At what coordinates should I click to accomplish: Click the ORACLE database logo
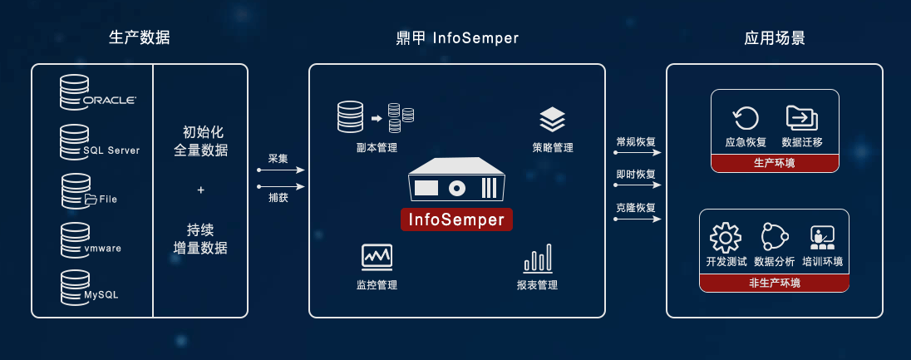click(x=98, y=92)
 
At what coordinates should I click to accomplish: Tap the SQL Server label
click(x=111, y=150)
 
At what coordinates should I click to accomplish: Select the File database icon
click(x=75, y=190)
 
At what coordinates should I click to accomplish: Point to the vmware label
click(x=103, y=248)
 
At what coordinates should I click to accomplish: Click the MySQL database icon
click(x=74, y=287)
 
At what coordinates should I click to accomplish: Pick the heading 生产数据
click(x=140, y=38)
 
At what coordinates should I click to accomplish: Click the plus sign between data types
click(x=200, y=190)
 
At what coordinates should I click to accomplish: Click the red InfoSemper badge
click(x=456, y=219)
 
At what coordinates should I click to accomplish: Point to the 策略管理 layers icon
click(x=552, y=120)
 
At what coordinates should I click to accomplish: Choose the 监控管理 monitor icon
click(x=377, y=257)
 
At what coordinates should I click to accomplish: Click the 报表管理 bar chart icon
click(x=537, y=259)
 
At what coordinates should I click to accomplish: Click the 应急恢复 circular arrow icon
click(x=745, y=119)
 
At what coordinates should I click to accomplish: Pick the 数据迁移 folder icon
click(x=801, y=118)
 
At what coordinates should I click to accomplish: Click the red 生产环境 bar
click(x=774, y=163)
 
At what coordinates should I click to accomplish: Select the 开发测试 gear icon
click(x=725, y=238)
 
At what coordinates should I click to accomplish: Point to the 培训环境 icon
click(x=822, y=238)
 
